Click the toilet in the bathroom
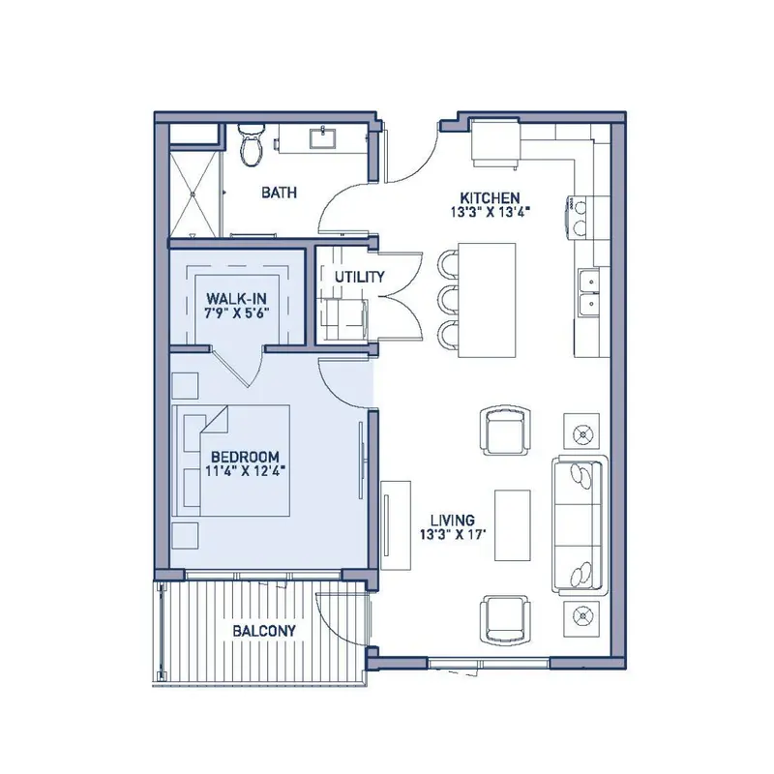click(252, 145)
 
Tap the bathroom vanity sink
click(323, 137)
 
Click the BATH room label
click(280, 192)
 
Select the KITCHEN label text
click(490, 198)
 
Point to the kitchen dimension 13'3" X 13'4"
click(490, 212)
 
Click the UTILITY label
click(359, 277)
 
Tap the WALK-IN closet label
click(236, 299)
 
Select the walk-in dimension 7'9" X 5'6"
click(236, 313)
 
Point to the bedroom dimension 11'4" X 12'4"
click(246, 471)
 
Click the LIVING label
click(453, 521)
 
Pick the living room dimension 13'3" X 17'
click(453, 535)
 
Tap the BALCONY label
click(264, 631)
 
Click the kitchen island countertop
click(488, 300)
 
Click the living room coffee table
click(513, 525)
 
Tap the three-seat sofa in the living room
click(580, 524)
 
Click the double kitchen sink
click(589, 291)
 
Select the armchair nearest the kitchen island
click(506, 431)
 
